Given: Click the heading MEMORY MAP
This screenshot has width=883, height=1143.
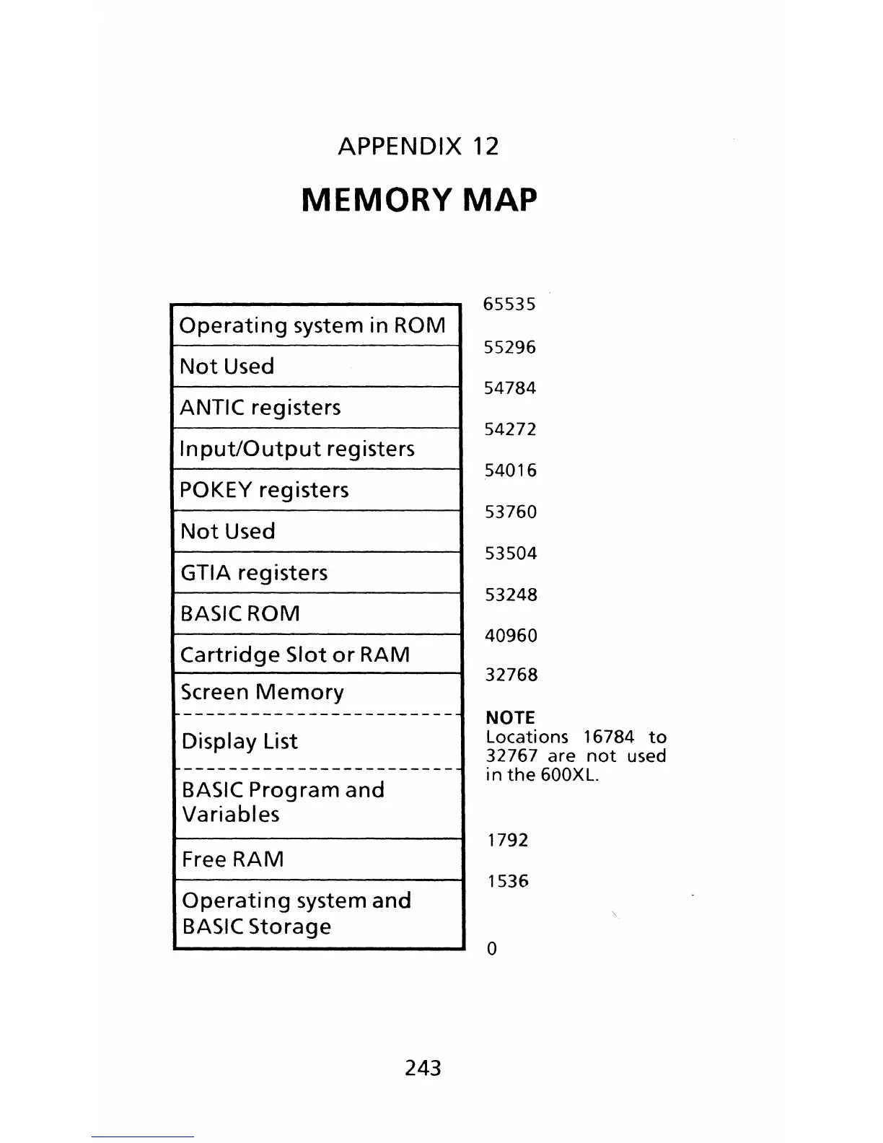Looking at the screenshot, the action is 419,200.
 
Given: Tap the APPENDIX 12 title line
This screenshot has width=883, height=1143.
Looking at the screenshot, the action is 418,146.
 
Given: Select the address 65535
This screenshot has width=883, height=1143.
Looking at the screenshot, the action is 509,305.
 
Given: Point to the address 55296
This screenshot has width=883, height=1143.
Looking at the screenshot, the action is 510,348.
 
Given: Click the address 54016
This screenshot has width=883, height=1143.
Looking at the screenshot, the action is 511,470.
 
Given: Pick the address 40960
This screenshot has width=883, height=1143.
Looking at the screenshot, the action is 511,636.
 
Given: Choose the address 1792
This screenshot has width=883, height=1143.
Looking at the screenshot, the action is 508,840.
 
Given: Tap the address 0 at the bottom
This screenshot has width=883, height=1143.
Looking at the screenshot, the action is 492,949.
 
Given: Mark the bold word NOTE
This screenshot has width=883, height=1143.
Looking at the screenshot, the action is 510,718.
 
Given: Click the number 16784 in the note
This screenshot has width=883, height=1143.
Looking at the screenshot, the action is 608,737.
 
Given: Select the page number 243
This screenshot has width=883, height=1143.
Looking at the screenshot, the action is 423,1068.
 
